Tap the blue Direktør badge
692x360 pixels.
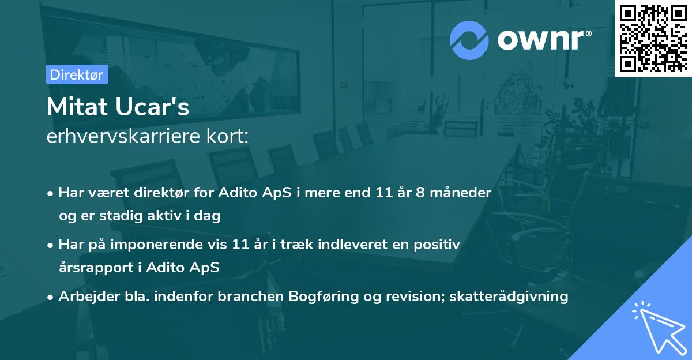coord(77,74)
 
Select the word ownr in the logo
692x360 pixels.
coord(542,39)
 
